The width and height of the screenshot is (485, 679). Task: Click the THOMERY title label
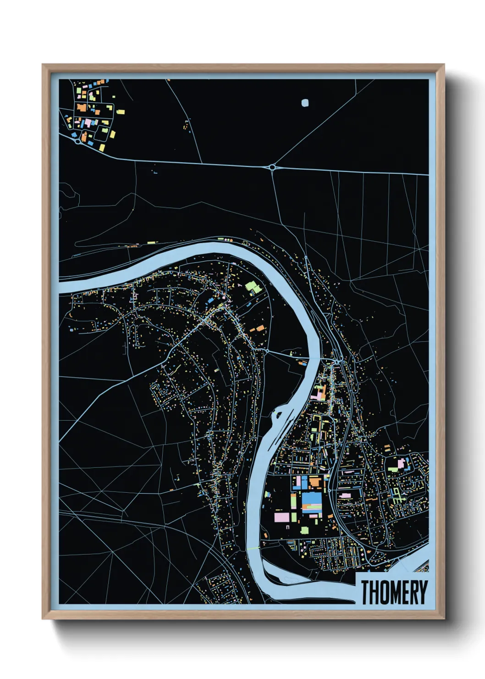394,592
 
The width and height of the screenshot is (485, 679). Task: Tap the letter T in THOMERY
366,592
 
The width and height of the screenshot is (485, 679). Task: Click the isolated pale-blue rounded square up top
305,103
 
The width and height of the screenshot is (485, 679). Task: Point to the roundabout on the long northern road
273,168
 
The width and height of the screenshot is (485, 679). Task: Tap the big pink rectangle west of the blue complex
282,518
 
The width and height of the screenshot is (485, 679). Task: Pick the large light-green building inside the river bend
253,288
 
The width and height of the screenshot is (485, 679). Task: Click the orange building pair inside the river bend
258,328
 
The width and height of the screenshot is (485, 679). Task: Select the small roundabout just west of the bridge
266,351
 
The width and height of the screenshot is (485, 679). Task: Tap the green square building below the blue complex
304,530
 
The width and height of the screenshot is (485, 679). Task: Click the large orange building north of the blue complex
315,481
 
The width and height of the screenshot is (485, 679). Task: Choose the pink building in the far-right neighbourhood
401,463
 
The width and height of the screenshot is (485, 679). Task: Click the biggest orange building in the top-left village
82,108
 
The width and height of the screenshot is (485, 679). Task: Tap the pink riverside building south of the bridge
316,394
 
